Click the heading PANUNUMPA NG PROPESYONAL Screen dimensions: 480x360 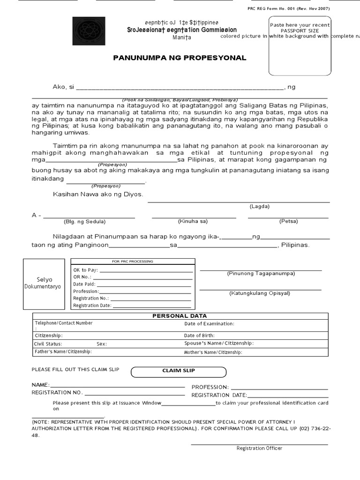[x=180, y=58]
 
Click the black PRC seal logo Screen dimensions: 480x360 [x=89, y=30]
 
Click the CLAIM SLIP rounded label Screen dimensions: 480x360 [x=179, y=371]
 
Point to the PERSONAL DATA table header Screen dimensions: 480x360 [x=180, y=316]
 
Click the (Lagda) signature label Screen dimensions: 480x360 [x=259, y=206]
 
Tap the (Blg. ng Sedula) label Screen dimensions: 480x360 [x=84, y=221]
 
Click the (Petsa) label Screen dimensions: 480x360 [x=288, y=221]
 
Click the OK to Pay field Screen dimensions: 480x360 [x=133, y=270]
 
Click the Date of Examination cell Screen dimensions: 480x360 [x=255, y=323]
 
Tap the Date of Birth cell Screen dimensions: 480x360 [x=255, y=336]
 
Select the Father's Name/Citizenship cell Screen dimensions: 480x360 [x=108, y=352]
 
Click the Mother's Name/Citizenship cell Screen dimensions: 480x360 [x=255, y=352]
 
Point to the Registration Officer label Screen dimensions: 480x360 [x=259, y=448]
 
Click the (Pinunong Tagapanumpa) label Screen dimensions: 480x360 [x=261, y=273]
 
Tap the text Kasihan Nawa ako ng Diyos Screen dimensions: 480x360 [x=98, y=194]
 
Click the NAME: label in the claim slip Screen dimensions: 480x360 [x=40, y=385]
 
